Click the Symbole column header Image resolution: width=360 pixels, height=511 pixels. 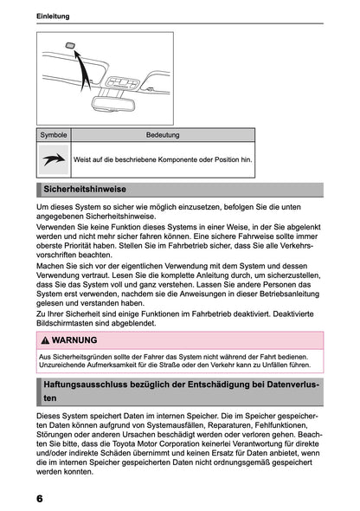(53, 135)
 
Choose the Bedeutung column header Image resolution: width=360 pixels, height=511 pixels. (163, 135)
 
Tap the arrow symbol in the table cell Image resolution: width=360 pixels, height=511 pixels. (53, 159)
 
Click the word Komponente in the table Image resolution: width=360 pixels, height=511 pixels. (183, 160)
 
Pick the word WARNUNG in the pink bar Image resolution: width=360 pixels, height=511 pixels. (75, 340)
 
